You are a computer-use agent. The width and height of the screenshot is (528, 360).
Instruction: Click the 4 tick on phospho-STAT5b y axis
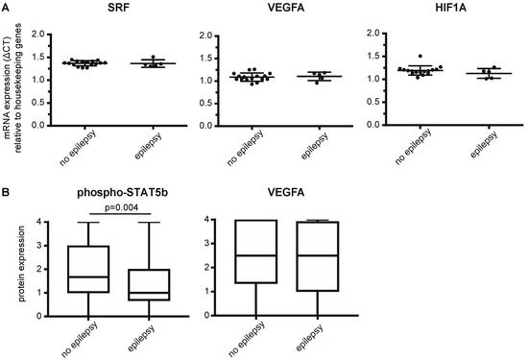coord(42,223)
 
